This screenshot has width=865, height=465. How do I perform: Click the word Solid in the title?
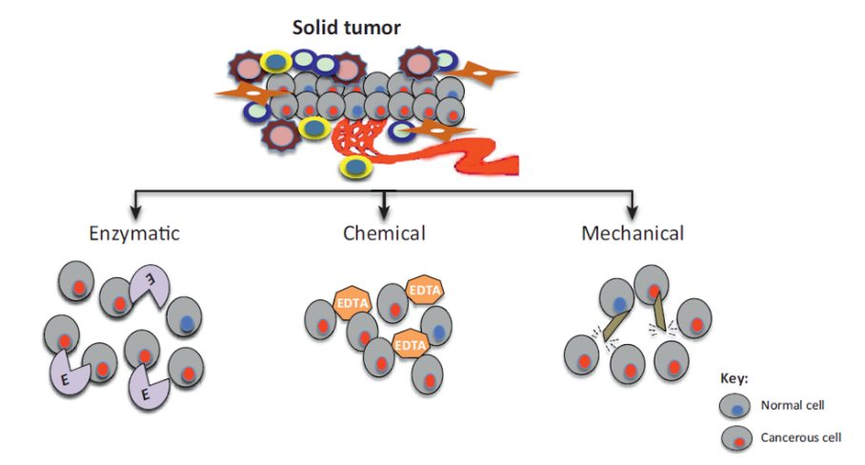pyautogui.click(x=318, y=27)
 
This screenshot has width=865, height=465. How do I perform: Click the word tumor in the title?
pyautogui.click(x=373, y=27)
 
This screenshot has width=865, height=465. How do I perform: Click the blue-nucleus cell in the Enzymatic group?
pyautogui.click(x=185, y=320)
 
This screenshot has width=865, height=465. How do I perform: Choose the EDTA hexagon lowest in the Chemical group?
pyautogui.click(x=409, y=344)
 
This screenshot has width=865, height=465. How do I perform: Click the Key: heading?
pyautogui.click(x=735, y=378)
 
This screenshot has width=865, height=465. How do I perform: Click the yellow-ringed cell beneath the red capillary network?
pyautogui.click(x=354, y=168)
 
